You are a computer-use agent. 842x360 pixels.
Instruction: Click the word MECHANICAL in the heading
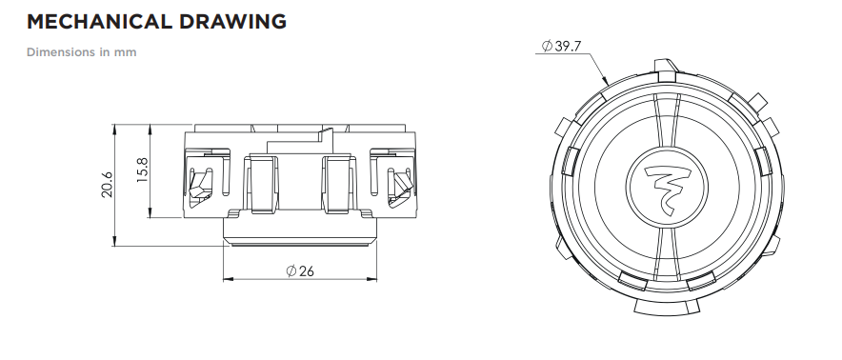pyautogui.click(x=99, y=22)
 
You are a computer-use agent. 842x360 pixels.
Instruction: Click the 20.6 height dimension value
pyautogui.click(x=108, y=185)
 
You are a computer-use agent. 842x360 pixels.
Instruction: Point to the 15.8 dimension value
pyautogui.click(x=142, y=170)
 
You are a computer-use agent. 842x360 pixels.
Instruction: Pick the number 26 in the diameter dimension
pyautogui.click(x=306, y=271)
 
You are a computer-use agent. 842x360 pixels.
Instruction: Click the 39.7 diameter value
pyautogui.click(x=568, y=47)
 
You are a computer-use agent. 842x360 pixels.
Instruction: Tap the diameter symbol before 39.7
pyautogui.click(x=547, y=47)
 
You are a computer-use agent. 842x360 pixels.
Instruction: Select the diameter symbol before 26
pyautogui.click(x=291, y=271)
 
